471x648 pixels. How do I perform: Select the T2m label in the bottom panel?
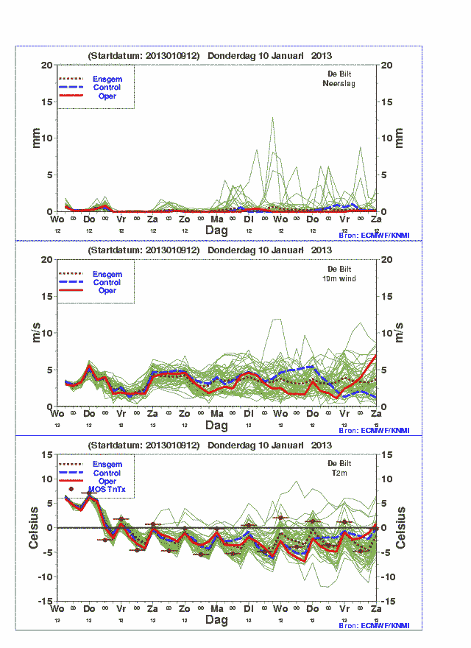point(339,473)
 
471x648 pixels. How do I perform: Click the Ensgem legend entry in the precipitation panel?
point(107,79)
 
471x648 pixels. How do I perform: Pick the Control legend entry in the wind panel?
point(107,282)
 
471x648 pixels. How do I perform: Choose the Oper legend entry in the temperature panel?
point(107,481)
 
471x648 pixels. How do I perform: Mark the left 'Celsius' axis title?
point(34,527)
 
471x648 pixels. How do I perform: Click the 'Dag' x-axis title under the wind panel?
point(216,426)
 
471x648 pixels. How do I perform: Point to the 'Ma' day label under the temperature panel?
point(217,610)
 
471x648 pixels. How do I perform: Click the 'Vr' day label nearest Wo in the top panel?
point(121,219)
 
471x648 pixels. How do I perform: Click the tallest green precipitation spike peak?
point(273,118)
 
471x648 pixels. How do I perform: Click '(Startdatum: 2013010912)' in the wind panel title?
point(144,250)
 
